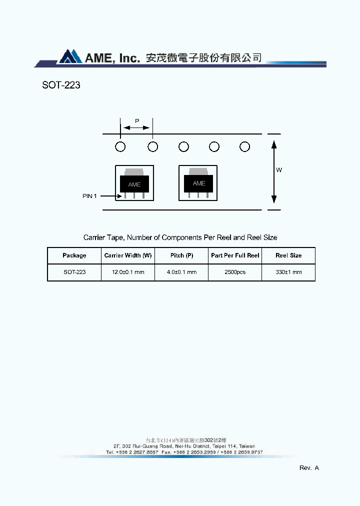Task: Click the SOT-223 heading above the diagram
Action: [x=61, y=85]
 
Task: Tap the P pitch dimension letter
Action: [x=136, y=121]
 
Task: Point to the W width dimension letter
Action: [x=279, y=170]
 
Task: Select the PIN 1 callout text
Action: [x=89, y=196]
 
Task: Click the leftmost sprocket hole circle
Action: [x=120, y=146]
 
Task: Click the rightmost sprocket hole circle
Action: [x=244, y=146]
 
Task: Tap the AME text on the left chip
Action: [x=134, y=184]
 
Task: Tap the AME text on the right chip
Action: [x=199, y=183]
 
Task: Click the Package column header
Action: [x=74, y=255]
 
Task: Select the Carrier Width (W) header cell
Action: [x=128, y=255]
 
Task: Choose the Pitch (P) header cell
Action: [x=182, y=255]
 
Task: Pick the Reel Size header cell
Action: [x=288, y=255]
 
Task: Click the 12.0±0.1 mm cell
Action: [x=128, y=272]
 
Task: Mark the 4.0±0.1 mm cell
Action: [x=182, y=272]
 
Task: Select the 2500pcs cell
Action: [x=235, y=272]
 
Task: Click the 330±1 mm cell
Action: [x=288, y=272]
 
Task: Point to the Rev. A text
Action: [x=309, y=468]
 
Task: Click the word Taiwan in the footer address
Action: [x=246, y=446]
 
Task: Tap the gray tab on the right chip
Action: [x=198, y=171]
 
